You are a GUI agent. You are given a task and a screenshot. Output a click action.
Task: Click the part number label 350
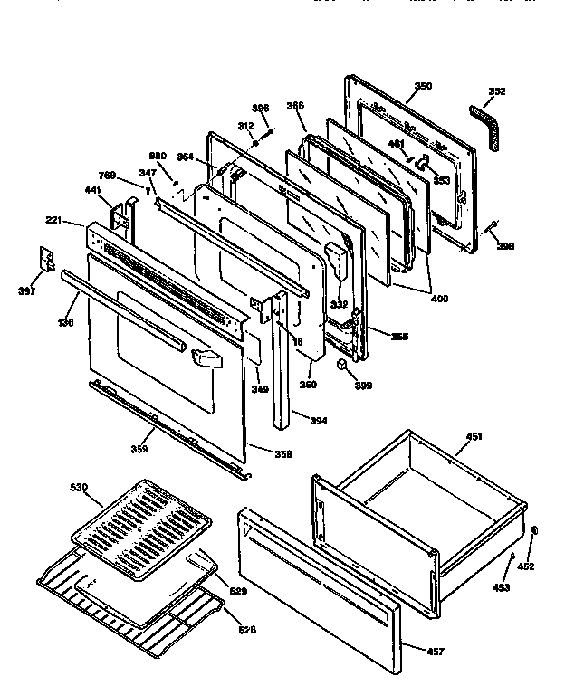pos(423,86)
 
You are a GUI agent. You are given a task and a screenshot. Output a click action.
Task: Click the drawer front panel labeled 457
pos(317,597)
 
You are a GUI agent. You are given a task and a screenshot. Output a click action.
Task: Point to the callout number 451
pos(474,437)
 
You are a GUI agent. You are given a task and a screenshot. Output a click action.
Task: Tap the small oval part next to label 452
pos(534,531)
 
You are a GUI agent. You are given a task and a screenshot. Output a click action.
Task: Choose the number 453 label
pos(501,588)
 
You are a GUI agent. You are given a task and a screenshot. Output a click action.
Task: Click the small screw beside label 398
pos(493,225)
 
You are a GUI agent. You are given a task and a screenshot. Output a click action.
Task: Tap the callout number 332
pos(313,306)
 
